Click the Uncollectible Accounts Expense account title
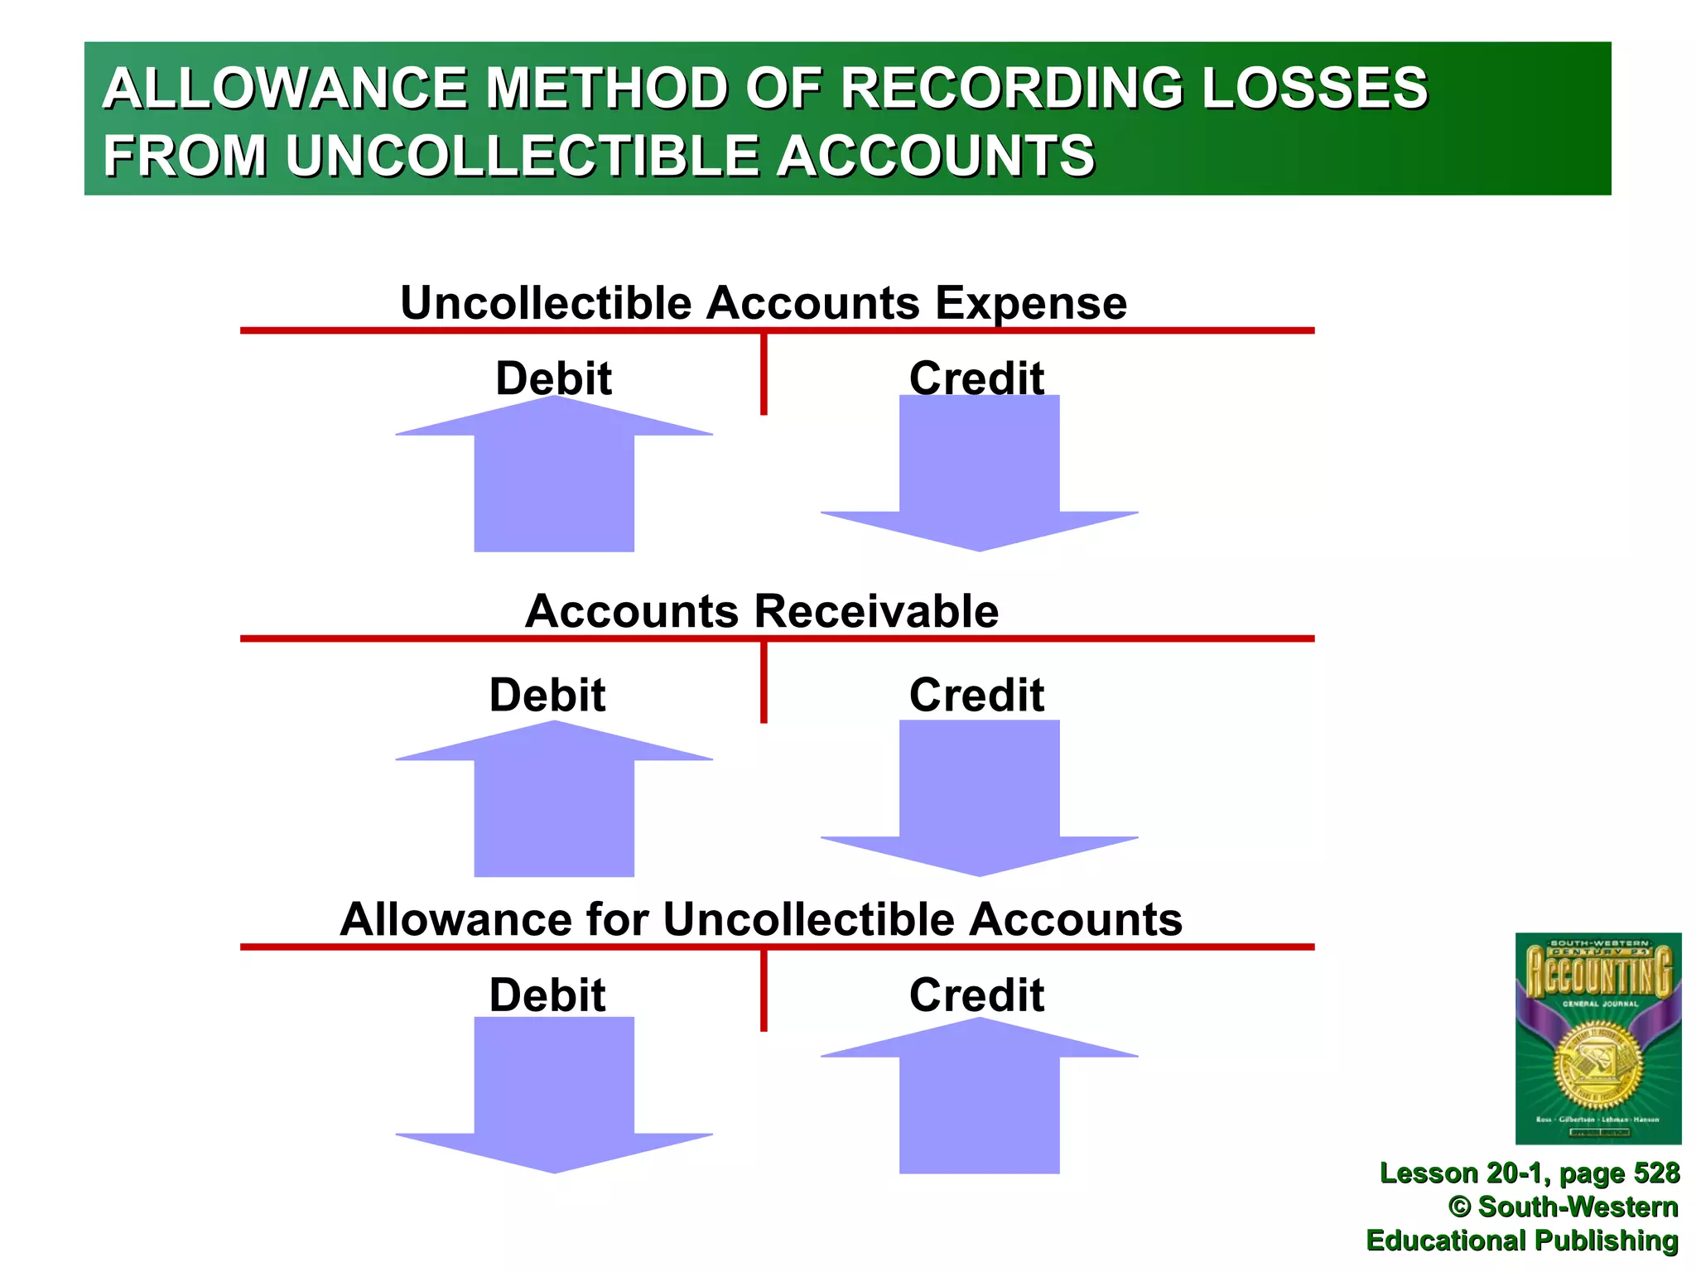pos(763,303)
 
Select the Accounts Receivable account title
pos(762,611)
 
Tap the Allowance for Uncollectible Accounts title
pos(761,919)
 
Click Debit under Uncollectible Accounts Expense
pos(553,378)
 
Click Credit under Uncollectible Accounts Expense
pos(976,378)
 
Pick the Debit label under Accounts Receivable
pos(547,695)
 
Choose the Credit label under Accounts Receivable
pos(976,695)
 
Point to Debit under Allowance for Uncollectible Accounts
pos(547,995)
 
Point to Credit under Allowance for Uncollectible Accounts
pos(976,995)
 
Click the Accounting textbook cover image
pos(1597,1038)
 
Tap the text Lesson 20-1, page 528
pos(1529,1173)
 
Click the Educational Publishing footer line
pos(1522,1241)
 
